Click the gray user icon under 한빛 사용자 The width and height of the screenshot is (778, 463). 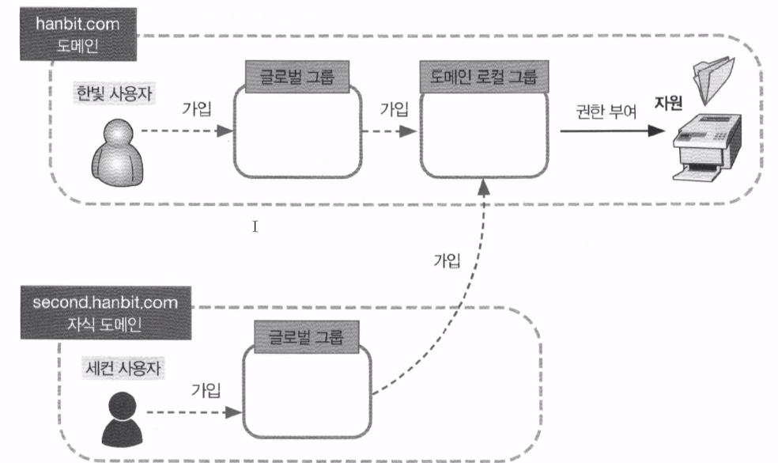pyautogui.click(x=113, y=151)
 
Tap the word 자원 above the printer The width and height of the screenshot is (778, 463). pyautogui.click(x=670, y=103)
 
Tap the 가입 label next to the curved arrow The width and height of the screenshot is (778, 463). pyautogui.click(x=447, y=260)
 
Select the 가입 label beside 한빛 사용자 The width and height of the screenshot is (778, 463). pyautogui.click(x=196, y=107)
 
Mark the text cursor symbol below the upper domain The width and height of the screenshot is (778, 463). pyautogui.click(x=255, y=227)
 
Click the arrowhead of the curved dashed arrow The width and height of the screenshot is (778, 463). pyautogui.click(x=483, y=188)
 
